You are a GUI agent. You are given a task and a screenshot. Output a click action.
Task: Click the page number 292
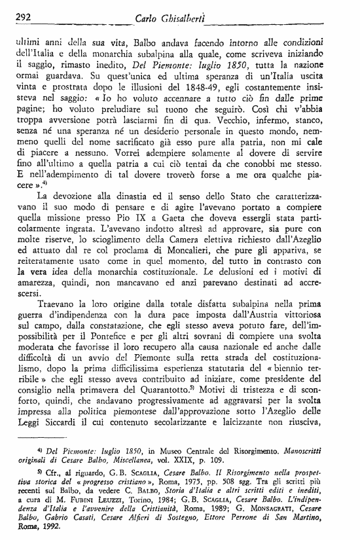tap(26, 18)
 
